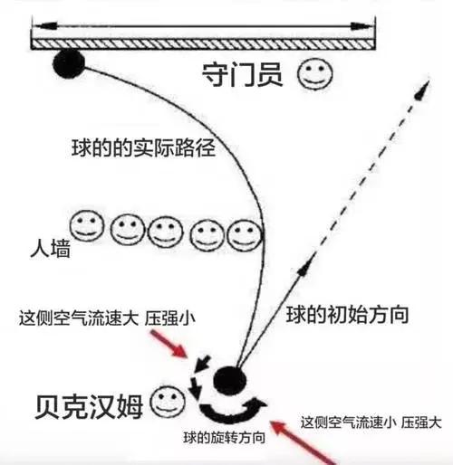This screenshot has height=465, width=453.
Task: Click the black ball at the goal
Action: click(x=68, y=64)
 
